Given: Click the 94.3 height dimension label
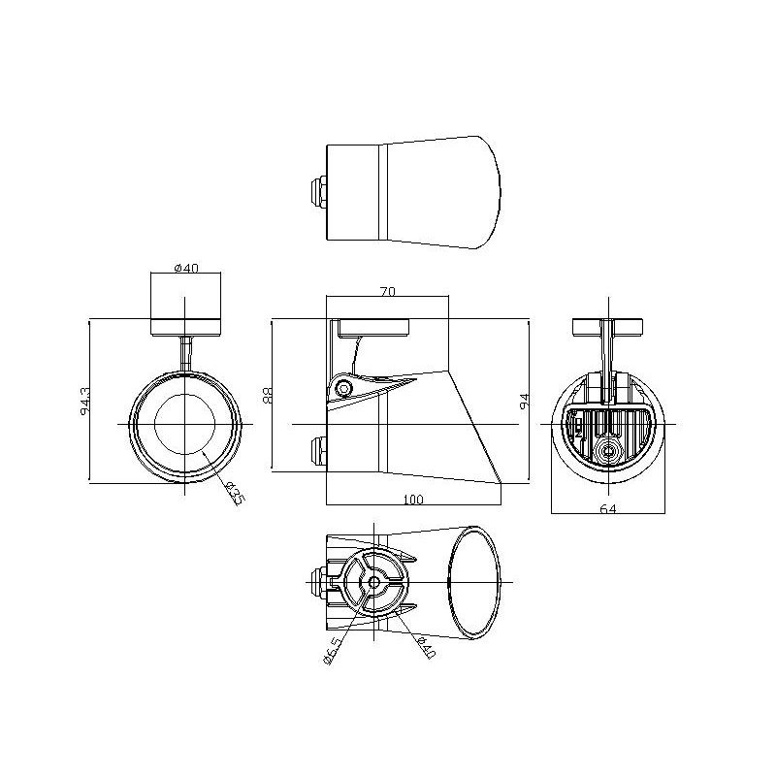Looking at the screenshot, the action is coord(85,402).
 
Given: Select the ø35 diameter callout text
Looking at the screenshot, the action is coord(235,494).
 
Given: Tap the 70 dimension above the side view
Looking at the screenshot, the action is coord(388,292).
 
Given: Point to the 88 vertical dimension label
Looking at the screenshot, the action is coord(268,395).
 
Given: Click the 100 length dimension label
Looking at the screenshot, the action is coord(413,500).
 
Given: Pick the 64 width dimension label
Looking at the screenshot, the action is coord(608,508).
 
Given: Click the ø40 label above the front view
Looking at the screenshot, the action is coord(186,268).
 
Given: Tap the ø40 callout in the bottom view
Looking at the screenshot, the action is coord(426,648).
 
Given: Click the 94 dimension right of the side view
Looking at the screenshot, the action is coord(525,401).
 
